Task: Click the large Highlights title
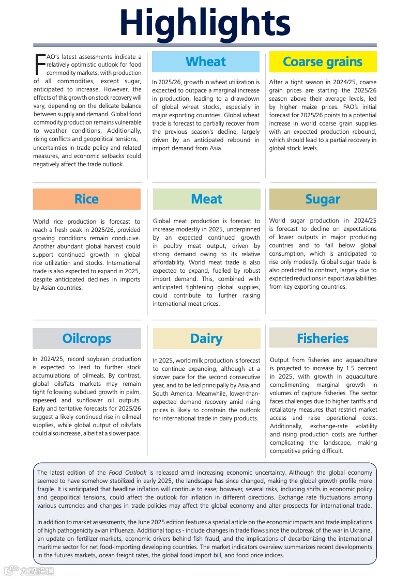coord(205,23)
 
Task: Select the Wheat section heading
coord(206,62)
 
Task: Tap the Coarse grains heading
coord(323,62)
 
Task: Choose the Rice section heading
coord(86,199)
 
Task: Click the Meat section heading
coord(206,199)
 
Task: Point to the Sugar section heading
coord(323,199)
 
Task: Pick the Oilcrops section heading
coord(86,339)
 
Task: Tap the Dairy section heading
coord(206,339)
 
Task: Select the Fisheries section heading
coord(323,339)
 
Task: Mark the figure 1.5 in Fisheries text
coord(345,368)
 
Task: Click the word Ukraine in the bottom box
coord(360,530)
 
